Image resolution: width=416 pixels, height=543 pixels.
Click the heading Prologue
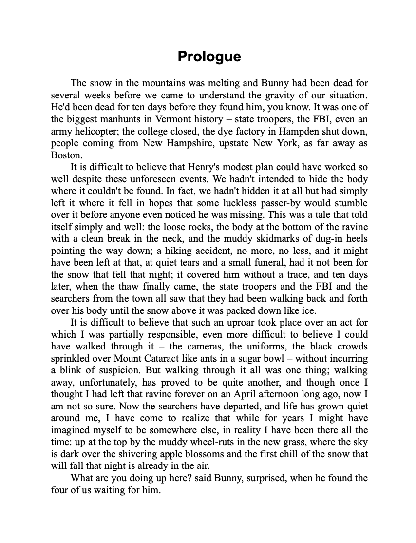pos(209,57)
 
